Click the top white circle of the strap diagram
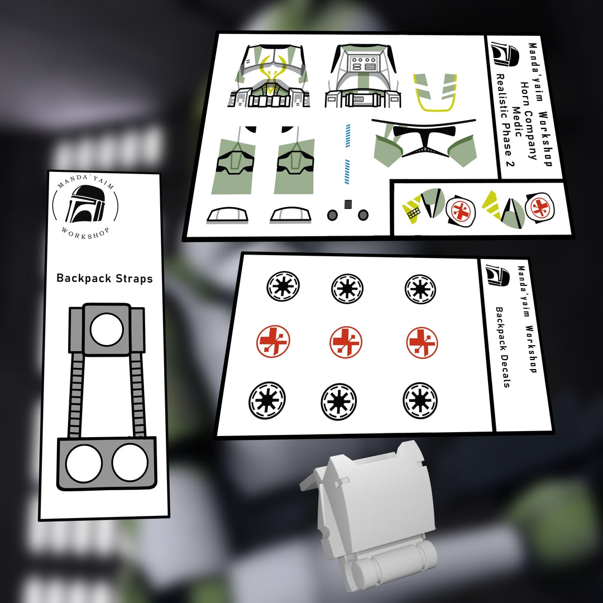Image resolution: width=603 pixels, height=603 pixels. click(107, 329)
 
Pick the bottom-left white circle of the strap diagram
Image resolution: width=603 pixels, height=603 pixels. click(83, 463)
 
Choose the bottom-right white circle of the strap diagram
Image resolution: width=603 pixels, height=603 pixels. click(130, 463)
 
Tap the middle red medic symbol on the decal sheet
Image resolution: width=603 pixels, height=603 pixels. click(346, 342)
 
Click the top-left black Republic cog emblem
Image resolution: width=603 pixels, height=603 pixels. click(283, 286)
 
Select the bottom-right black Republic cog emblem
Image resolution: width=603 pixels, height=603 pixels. click(420, 400)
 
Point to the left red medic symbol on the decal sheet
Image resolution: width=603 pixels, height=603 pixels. click(273, 342)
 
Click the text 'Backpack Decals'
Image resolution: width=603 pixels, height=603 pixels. click(502, 347)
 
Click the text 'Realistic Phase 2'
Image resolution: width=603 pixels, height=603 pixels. click(506, 121)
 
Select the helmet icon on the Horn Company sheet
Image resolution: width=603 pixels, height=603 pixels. click(505, 54)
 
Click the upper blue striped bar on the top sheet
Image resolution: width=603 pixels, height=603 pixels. click(348, 136)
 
